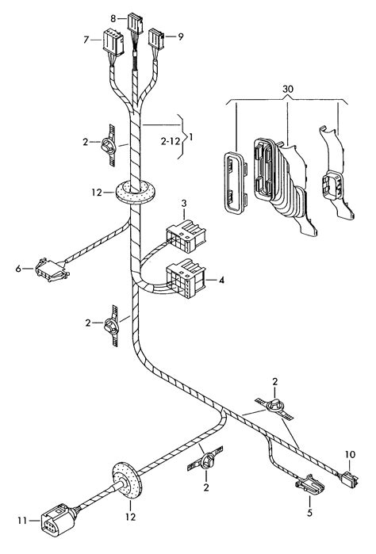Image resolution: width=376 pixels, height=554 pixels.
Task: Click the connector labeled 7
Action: click(x=113, y=42)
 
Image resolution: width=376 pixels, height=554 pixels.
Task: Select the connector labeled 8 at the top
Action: click(x=135, y=24)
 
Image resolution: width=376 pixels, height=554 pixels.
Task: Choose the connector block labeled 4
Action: click(x=186, y=278)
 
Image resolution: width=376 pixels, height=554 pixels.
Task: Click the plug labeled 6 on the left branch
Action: click(x=52, y=270)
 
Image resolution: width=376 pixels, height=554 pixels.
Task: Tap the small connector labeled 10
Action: click(x=349, y=479)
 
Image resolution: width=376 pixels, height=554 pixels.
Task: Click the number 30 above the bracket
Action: click(x=288, y=89)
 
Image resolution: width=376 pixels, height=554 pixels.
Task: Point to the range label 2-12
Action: click(x=170, y=141)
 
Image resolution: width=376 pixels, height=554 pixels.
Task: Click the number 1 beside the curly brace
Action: click(x=191, y=136)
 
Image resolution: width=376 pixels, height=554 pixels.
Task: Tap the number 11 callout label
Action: click(x=22, y=521)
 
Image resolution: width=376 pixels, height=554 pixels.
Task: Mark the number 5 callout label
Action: click(x=310, y=513)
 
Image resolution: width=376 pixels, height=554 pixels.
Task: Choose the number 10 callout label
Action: click(x=350, y=454)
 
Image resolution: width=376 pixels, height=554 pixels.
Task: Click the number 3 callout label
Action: click(x=184, y=203)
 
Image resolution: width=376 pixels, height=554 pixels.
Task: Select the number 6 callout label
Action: click(x=18, y=269)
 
